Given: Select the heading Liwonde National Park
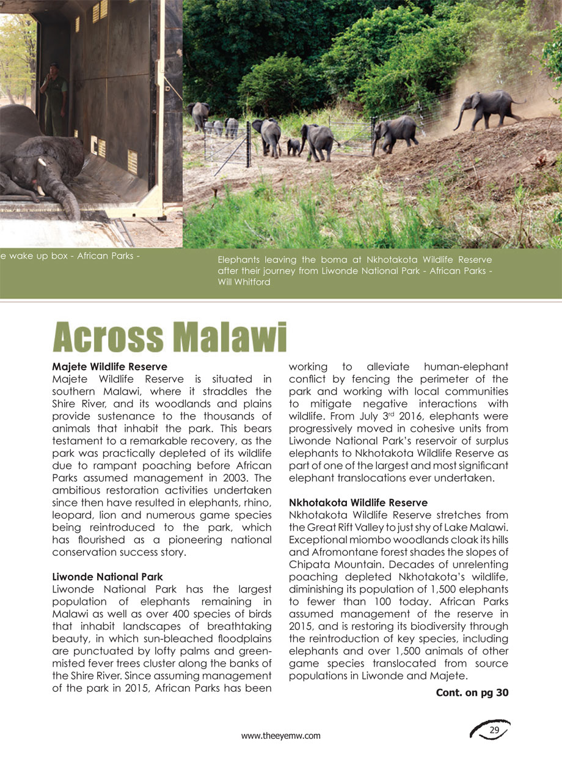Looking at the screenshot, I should (108, 577).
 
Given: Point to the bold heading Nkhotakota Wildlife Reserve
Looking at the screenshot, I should (358, 503).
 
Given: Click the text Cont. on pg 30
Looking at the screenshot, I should (472, 693).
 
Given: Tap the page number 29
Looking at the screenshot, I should (494, 731).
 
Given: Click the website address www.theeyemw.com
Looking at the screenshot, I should (281, 736).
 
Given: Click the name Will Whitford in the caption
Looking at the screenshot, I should (244, 282).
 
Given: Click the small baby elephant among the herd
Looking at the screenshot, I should (294, 146).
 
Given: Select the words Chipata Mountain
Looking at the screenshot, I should (324, 564).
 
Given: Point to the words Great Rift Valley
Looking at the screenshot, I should (335, 527).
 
